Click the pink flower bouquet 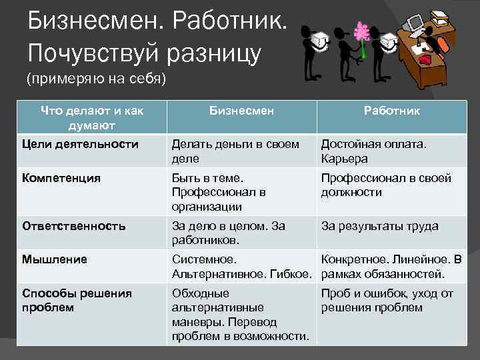click(362, 31)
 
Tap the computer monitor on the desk click(414, 24)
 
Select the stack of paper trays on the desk click(440, 17)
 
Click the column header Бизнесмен click(241, 111)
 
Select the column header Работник click(391, 111)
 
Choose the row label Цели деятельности click(80, 144)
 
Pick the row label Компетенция click(61, 178)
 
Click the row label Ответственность click(73, 226)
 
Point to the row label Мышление click(54, 259)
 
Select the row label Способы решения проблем click(77, 300)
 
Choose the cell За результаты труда click(379, 226)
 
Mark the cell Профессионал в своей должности click(386, 185)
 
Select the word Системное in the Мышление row click(204, 259)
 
